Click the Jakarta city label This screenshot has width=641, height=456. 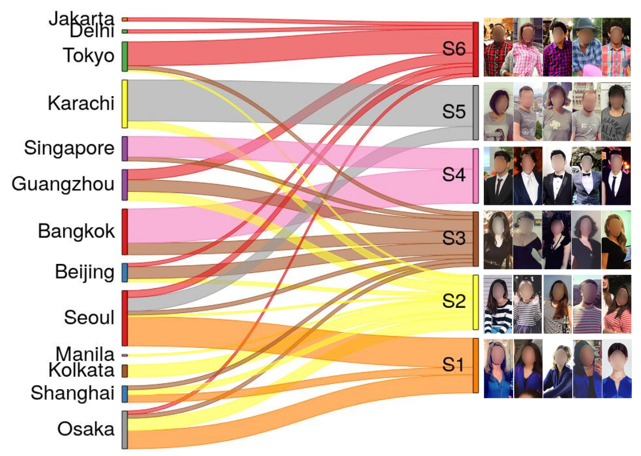(x=81, y=19)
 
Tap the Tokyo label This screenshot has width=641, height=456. (x=88, y=56)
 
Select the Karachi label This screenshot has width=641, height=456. (x=81, y=104)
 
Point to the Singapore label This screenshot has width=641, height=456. (x=69, y=149)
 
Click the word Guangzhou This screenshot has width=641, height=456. (x=63, y=184)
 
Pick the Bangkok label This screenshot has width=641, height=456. (x=77, y=231)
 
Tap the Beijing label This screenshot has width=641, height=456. (x=84, y=272)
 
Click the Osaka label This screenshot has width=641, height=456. (x=86, y=429)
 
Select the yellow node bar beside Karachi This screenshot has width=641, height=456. (x=125, y=104)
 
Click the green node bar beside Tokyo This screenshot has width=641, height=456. (x=125, y=56)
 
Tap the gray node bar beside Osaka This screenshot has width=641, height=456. (x=125, y=430)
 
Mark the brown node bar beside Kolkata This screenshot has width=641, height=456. (x=125, y=370)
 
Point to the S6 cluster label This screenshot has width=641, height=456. (x=453, y=50)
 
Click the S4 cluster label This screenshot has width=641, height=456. (x=453, y=175)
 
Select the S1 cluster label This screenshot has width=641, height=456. (x=453, y=365)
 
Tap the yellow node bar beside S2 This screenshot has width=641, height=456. (x=475, y=302)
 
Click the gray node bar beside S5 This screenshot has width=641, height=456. (x=475, y=113)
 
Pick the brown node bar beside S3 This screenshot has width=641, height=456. (x=475, y=239)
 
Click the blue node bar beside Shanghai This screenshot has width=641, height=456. (x=125, y=394)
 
